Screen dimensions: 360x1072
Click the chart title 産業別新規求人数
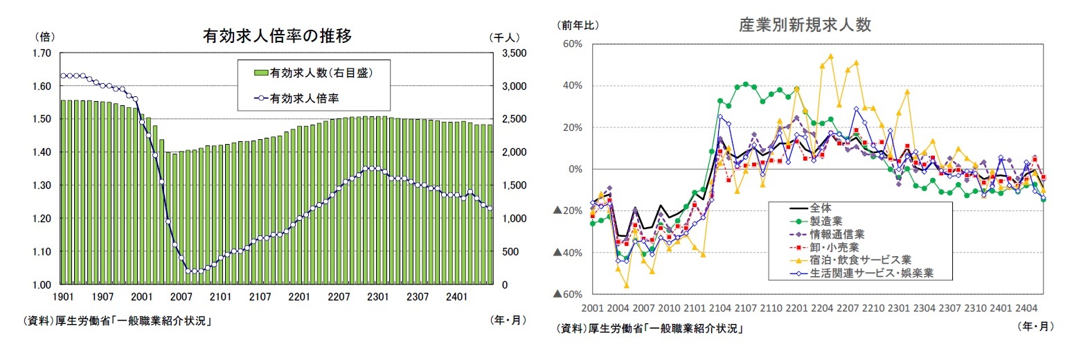(x=805, y=26)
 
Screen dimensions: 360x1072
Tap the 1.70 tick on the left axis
(x=42, y=53)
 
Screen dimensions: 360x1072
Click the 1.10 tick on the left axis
(x=42, y=251)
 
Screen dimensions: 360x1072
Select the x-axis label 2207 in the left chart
(x=339, y=296)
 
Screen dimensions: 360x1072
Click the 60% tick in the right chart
(x=573, y=44)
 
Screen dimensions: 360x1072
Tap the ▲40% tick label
(x=569, y=253)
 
